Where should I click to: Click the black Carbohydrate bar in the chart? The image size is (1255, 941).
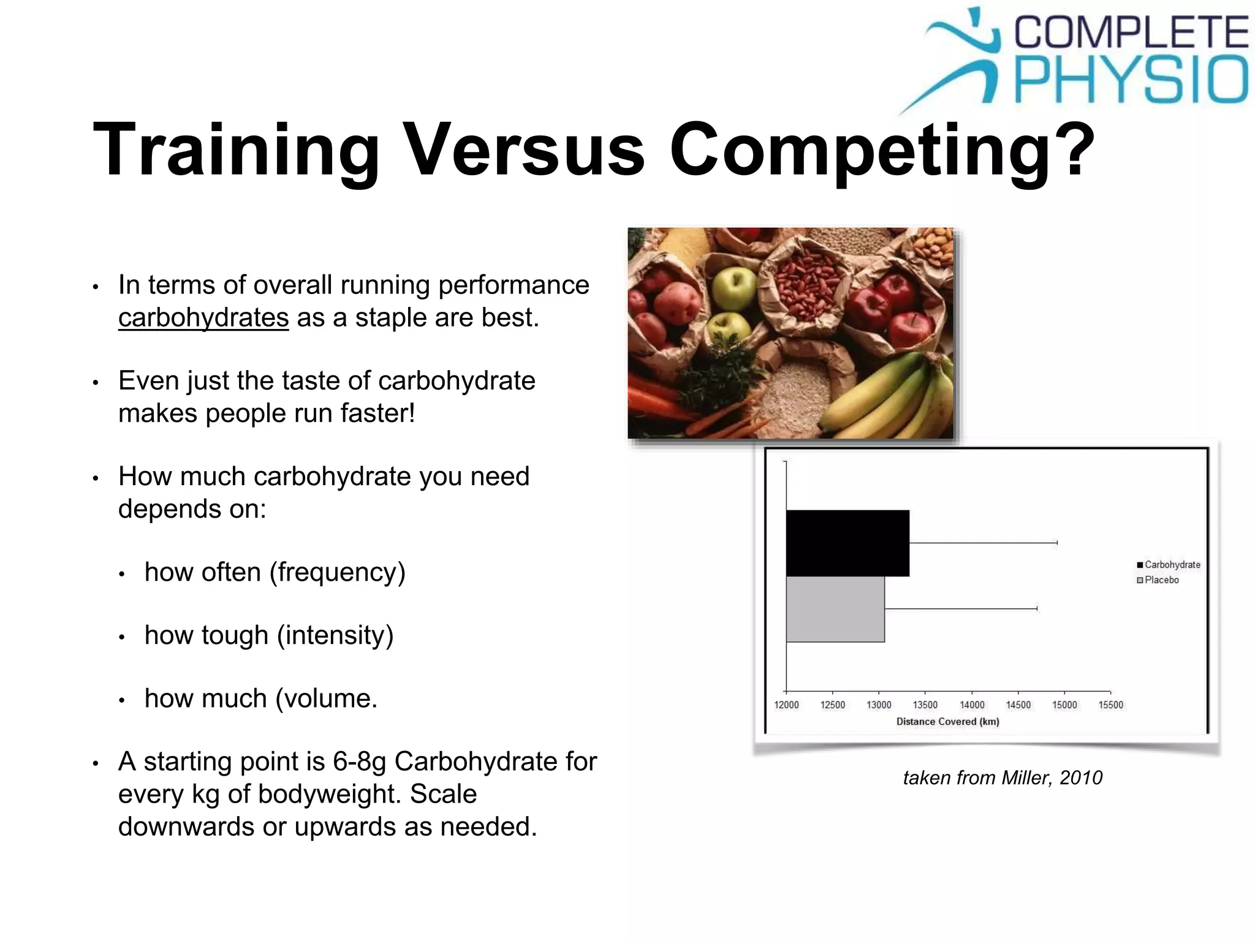click(x=847, y=543)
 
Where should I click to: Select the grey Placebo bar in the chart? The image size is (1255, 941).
click(x=835, y=609)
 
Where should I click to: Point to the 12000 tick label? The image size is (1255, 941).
click(x=786, y=705)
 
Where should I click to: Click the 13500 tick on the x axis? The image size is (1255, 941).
click(x=925, y=705)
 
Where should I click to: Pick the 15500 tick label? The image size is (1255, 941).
click(x=1110, y=705)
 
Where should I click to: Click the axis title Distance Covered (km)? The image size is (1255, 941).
click(x=947, y=722)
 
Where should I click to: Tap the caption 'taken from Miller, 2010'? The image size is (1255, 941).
click(x=1003, y=777)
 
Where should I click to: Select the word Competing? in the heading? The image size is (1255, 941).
click(x=881, y=150)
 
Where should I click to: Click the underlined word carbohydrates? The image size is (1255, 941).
click(x=203, y=318)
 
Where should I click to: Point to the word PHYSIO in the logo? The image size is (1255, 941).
click(x=1131, y=80)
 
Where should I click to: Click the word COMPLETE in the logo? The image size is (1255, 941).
click(x=1131, y=32)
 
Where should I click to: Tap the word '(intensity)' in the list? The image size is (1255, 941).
click(x=335, y=635)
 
